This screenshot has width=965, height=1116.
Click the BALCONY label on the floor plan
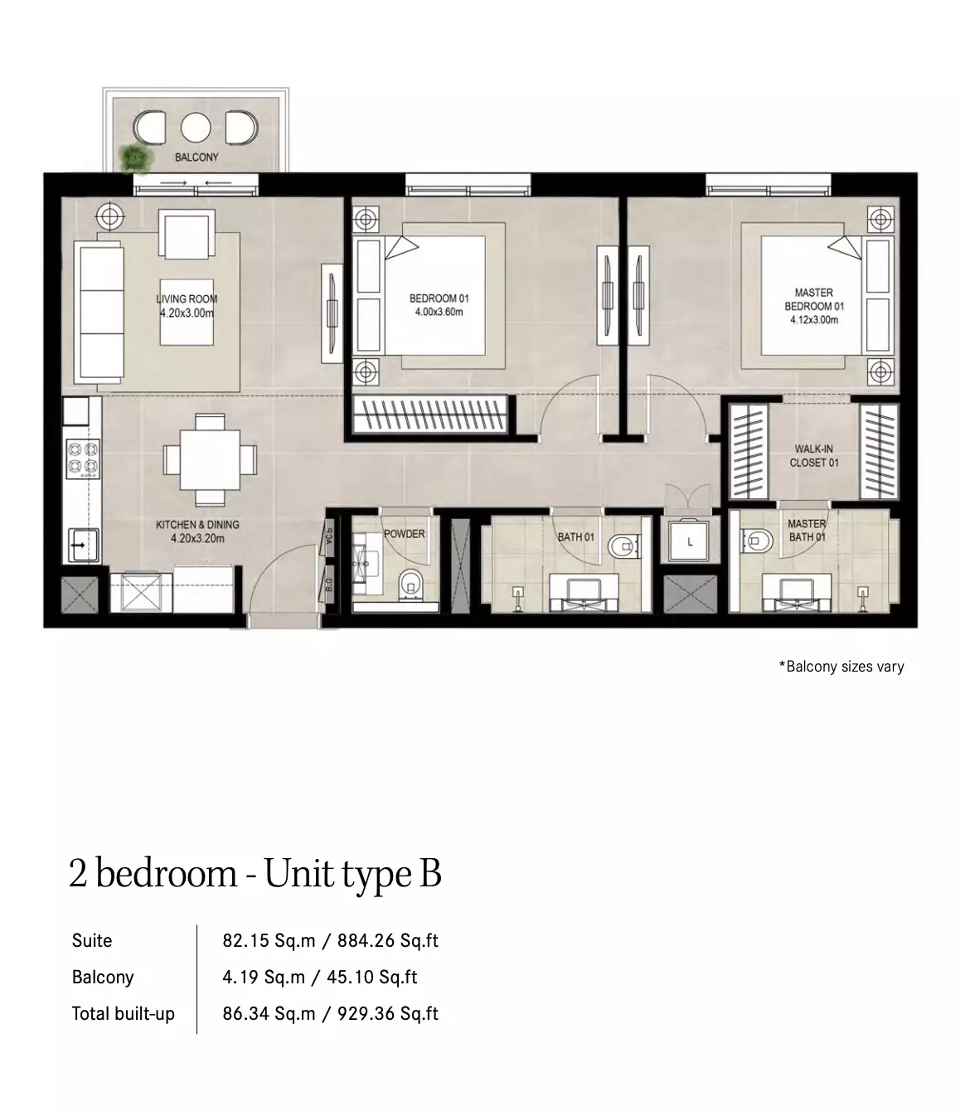(196, 157)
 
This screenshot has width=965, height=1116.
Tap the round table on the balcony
(196, 128)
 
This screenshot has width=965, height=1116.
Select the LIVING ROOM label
(187, 298)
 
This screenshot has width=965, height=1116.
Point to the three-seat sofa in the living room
(99, 312)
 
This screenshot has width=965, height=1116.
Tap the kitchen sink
(83, 546)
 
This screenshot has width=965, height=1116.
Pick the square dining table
(210, 459)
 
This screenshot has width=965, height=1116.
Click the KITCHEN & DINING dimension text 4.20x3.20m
(197, 538)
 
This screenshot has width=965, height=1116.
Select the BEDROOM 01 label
(439, 298)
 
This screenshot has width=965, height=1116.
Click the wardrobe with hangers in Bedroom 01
(429, 414)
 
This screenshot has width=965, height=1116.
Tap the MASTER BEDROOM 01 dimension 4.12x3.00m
(814, 320)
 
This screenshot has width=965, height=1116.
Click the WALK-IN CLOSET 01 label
(814, 456)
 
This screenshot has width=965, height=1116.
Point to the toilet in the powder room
(411, 585)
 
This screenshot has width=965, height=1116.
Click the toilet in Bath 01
(623, 546)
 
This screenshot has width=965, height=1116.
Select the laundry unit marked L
(690, 541)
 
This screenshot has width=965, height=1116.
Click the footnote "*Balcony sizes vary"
(841, 667)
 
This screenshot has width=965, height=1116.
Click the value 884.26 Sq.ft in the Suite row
(388, 940)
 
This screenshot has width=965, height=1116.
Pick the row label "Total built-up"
(124, 1013)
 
